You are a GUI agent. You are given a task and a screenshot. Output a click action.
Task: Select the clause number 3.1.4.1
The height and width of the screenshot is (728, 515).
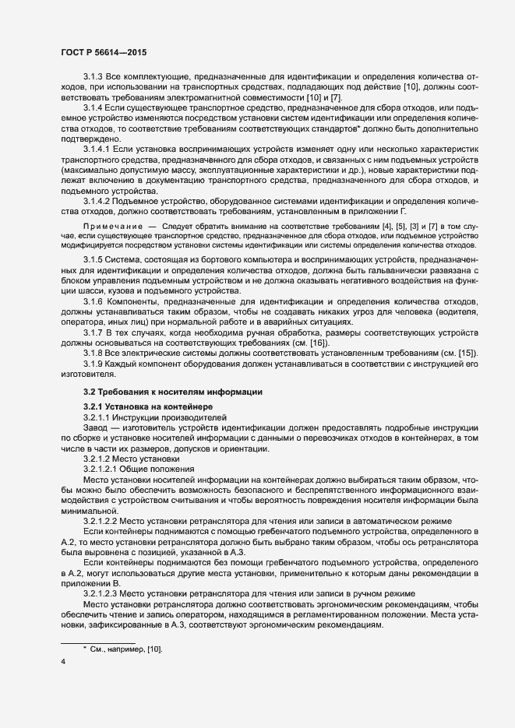[x=97, y=148]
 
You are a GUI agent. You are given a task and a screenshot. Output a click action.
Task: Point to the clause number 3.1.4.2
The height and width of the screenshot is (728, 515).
[x=97, y=201]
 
